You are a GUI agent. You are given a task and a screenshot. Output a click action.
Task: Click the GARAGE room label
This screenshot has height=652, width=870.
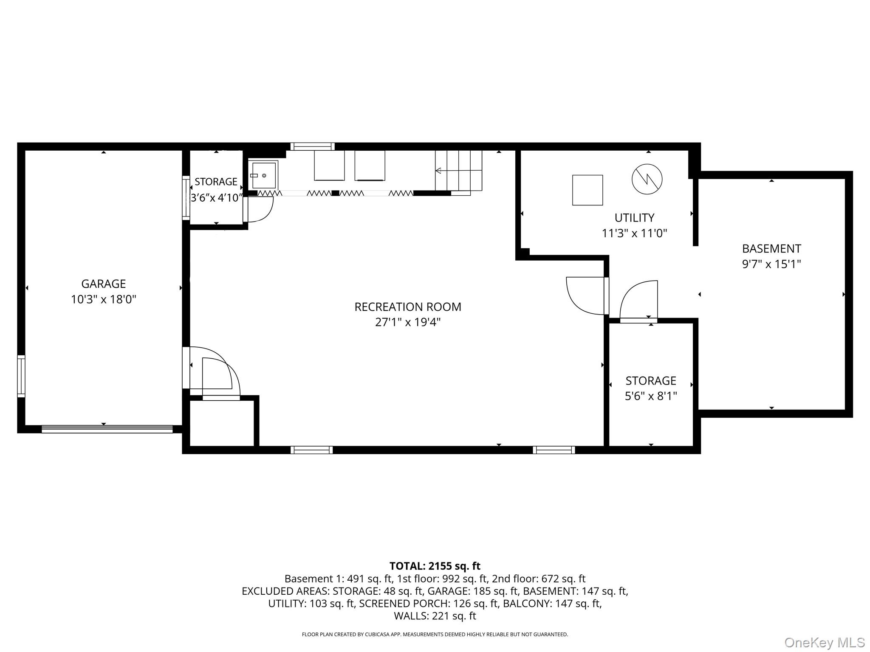coord(103,284)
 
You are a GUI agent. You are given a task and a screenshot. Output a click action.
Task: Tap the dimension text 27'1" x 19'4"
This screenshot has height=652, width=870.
coord(407,322)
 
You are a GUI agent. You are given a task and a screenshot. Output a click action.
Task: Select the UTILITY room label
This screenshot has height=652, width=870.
coord(634,218)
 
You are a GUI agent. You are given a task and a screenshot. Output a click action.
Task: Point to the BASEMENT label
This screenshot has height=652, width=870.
coord(771,249)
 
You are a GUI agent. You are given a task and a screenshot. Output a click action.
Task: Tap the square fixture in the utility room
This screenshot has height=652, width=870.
coord(587,190)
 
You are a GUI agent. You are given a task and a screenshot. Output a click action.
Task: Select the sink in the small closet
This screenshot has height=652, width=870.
coord(263,175)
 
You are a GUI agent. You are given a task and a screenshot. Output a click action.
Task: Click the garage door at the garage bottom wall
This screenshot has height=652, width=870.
coord(107,429)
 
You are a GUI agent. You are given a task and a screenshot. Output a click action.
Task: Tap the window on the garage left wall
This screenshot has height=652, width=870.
coord(21,376)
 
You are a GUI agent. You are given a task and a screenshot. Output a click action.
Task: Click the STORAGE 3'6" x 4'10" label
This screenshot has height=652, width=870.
coord(216,190)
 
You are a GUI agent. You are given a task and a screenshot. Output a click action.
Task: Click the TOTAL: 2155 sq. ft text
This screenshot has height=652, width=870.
coord(435,566)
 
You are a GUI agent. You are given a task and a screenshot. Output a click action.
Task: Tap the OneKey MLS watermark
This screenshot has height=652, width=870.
coord(824,643)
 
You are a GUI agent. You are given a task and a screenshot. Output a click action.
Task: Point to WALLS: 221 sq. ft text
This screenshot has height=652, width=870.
coord(435,616)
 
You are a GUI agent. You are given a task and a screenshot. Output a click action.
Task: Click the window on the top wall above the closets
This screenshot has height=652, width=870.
coord(312,146)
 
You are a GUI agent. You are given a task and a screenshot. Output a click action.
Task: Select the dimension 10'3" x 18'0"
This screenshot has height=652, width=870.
coord(103,300)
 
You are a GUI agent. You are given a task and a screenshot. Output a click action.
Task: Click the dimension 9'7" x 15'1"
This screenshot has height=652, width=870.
coord(771,264)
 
